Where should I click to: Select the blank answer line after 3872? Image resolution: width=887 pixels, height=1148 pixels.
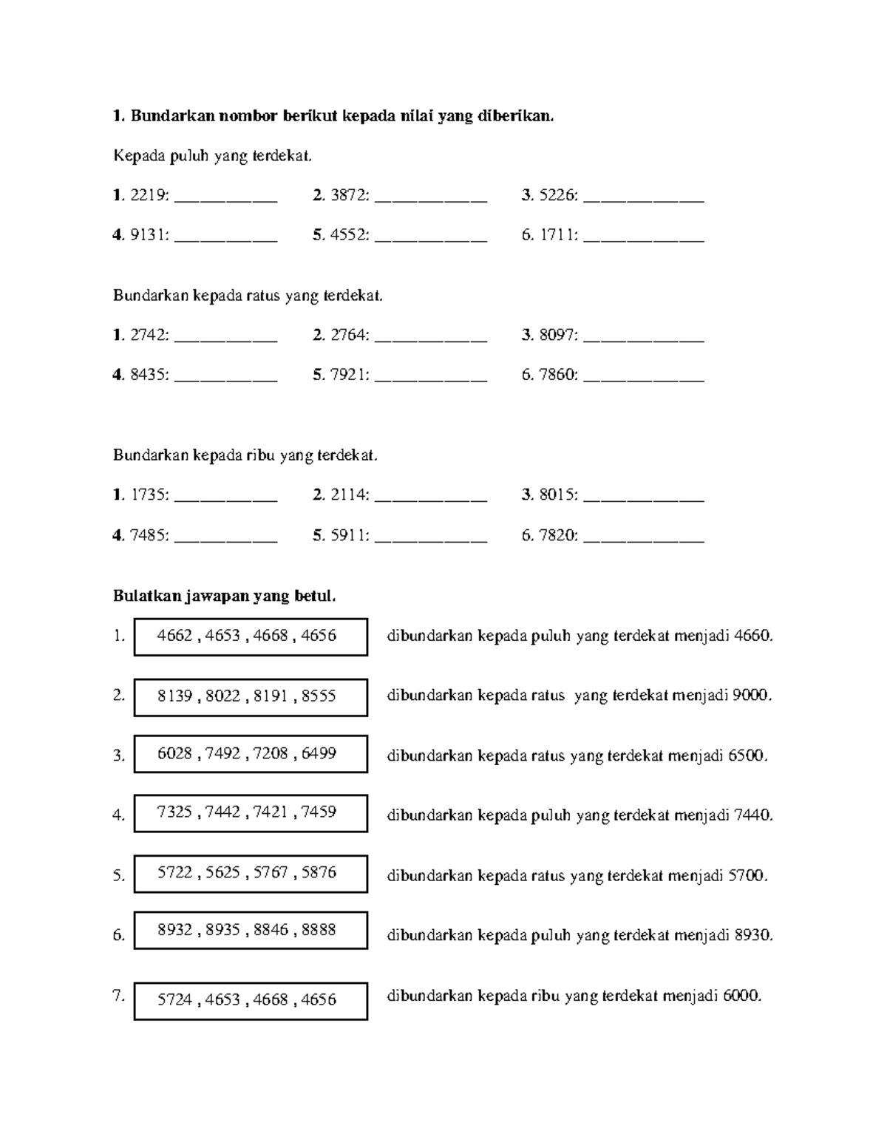point(431,198)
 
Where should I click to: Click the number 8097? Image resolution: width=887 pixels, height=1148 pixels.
point(557,335)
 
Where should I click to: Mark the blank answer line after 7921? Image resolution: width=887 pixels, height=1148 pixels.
point(431,378)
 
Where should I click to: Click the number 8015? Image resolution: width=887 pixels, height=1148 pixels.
point(557,495)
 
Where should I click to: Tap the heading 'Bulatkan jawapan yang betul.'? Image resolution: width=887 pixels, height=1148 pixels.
point(224,596)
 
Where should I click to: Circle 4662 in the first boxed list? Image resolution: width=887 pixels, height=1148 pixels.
point(174,636)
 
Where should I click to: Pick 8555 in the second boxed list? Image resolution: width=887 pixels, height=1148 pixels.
point(319,696)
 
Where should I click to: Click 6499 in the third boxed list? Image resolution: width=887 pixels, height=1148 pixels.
point(319,753)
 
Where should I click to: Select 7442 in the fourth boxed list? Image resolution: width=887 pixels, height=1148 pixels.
point(222,812)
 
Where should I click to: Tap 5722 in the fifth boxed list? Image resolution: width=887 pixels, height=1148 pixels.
point(174,872)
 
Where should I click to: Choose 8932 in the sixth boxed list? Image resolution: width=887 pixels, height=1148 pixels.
point(174,929)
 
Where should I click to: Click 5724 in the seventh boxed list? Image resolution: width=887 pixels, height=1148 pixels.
point(174,999)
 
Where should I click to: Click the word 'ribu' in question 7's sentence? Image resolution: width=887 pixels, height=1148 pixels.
point(546,996)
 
